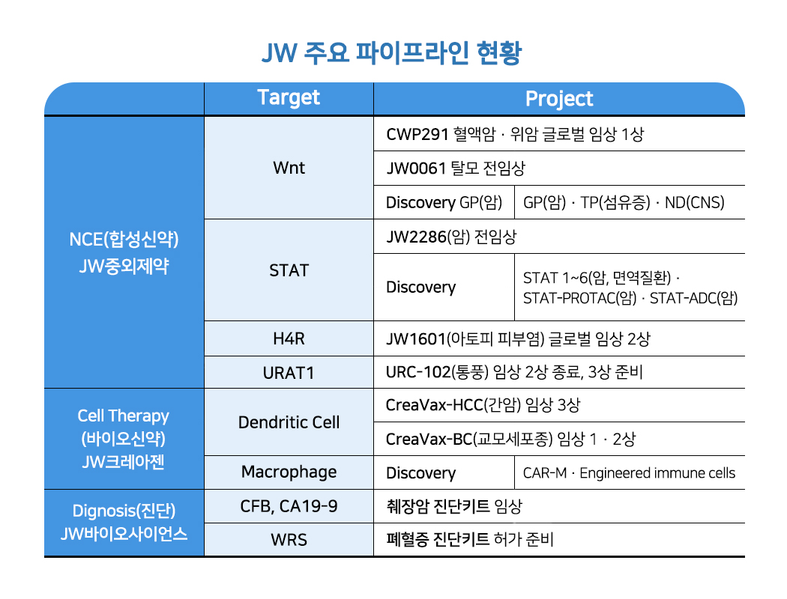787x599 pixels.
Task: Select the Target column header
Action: click(x=289, y=98)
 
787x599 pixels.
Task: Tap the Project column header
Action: click(x=558, y=99)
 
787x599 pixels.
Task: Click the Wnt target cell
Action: click(x=289, y=168)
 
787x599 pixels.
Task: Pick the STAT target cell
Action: click(x=289, y=270)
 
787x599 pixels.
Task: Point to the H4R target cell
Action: click(x=289, y=338)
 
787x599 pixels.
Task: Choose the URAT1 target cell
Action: click(x=289, y=372)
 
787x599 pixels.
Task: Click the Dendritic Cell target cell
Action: click(x=289, y=422)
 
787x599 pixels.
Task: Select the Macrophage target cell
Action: click(x=289, y=472)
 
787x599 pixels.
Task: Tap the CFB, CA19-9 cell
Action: click(x=289, y=507)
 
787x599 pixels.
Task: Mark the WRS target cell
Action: click(x=289, y=540)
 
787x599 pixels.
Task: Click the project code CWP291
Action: click(x=417, y=135)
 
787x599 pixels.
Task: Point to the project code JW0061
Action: click(x=417, y=168)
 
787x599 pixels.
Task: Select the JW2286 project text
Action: click(x=416, y=237)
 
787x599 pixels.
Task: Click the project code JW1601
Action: click(x=416, y=339)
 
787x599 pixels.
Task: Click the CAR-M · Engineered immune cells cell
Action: click(x=629, y=473)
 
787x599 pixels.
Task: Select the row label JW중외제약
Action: click(x=124, y=266)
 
